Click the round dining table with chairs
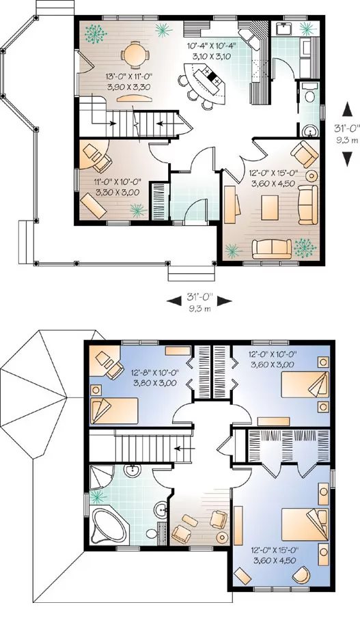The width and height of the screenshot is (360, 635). pyautogui.click(x=134, y=55)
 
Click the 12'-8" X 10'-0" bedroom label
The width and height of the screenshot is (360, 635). pyautogui.click(x=155, y=377)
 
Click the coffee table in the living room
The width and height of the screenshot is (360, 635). pyautogui.click(x=270, y=208)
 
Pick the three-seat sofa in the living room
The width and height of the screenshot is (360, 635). pyautogui.click(x=272, y=249)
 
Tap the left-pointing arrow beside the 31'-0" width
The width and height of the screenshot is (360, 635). pyautogui.click(x=174, y=301)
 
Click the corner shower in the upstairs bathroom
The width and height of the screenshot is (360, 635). pyautogui.click(x=101, y=477)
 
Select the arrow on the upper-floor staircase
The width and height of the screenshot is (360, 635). pyautogui.click(x=184, y=448)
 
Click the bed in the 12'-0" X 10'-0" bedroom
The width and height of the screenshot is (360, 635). pyautogui.click(x=305, y=384)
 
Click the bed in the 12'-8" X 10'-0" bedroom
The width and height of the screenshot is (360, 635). pyautogui.click(x=114, y=410)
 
